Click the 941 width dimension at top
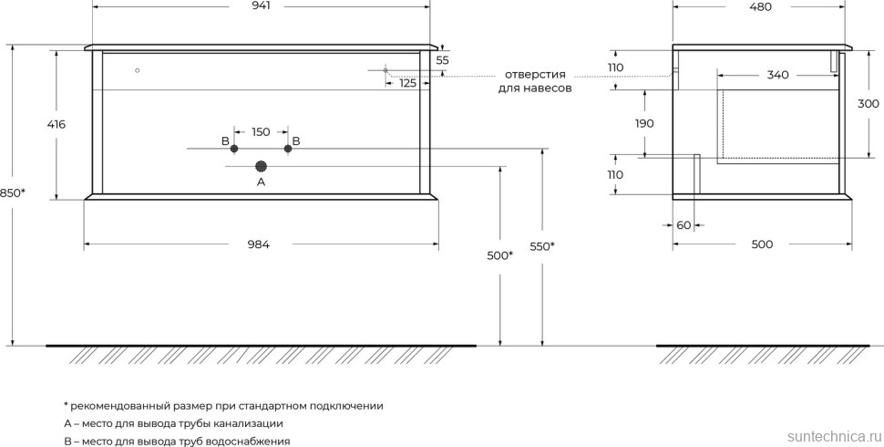click(262, 6)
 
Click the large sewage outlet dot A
click(262, 166)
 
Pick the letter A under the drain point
click(261, 182)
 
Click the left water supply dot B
click(234, 148)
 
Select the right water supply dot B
click(288, 148)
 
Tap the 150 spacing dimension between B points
click(261, 132)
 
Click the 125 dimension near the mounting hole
click(407, 83)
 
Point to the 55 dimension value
click(443, 60)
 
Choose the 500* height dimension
click(499, 255)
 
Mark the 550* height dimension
click(542, 245)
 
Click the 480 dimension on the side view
click(760, 6)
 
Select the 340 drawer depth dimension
click(777, 75)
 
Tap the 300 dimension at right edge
click(869, 104)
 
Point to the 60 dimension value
click(684, 224)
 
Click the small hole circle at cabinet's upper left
click(137, 70)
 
